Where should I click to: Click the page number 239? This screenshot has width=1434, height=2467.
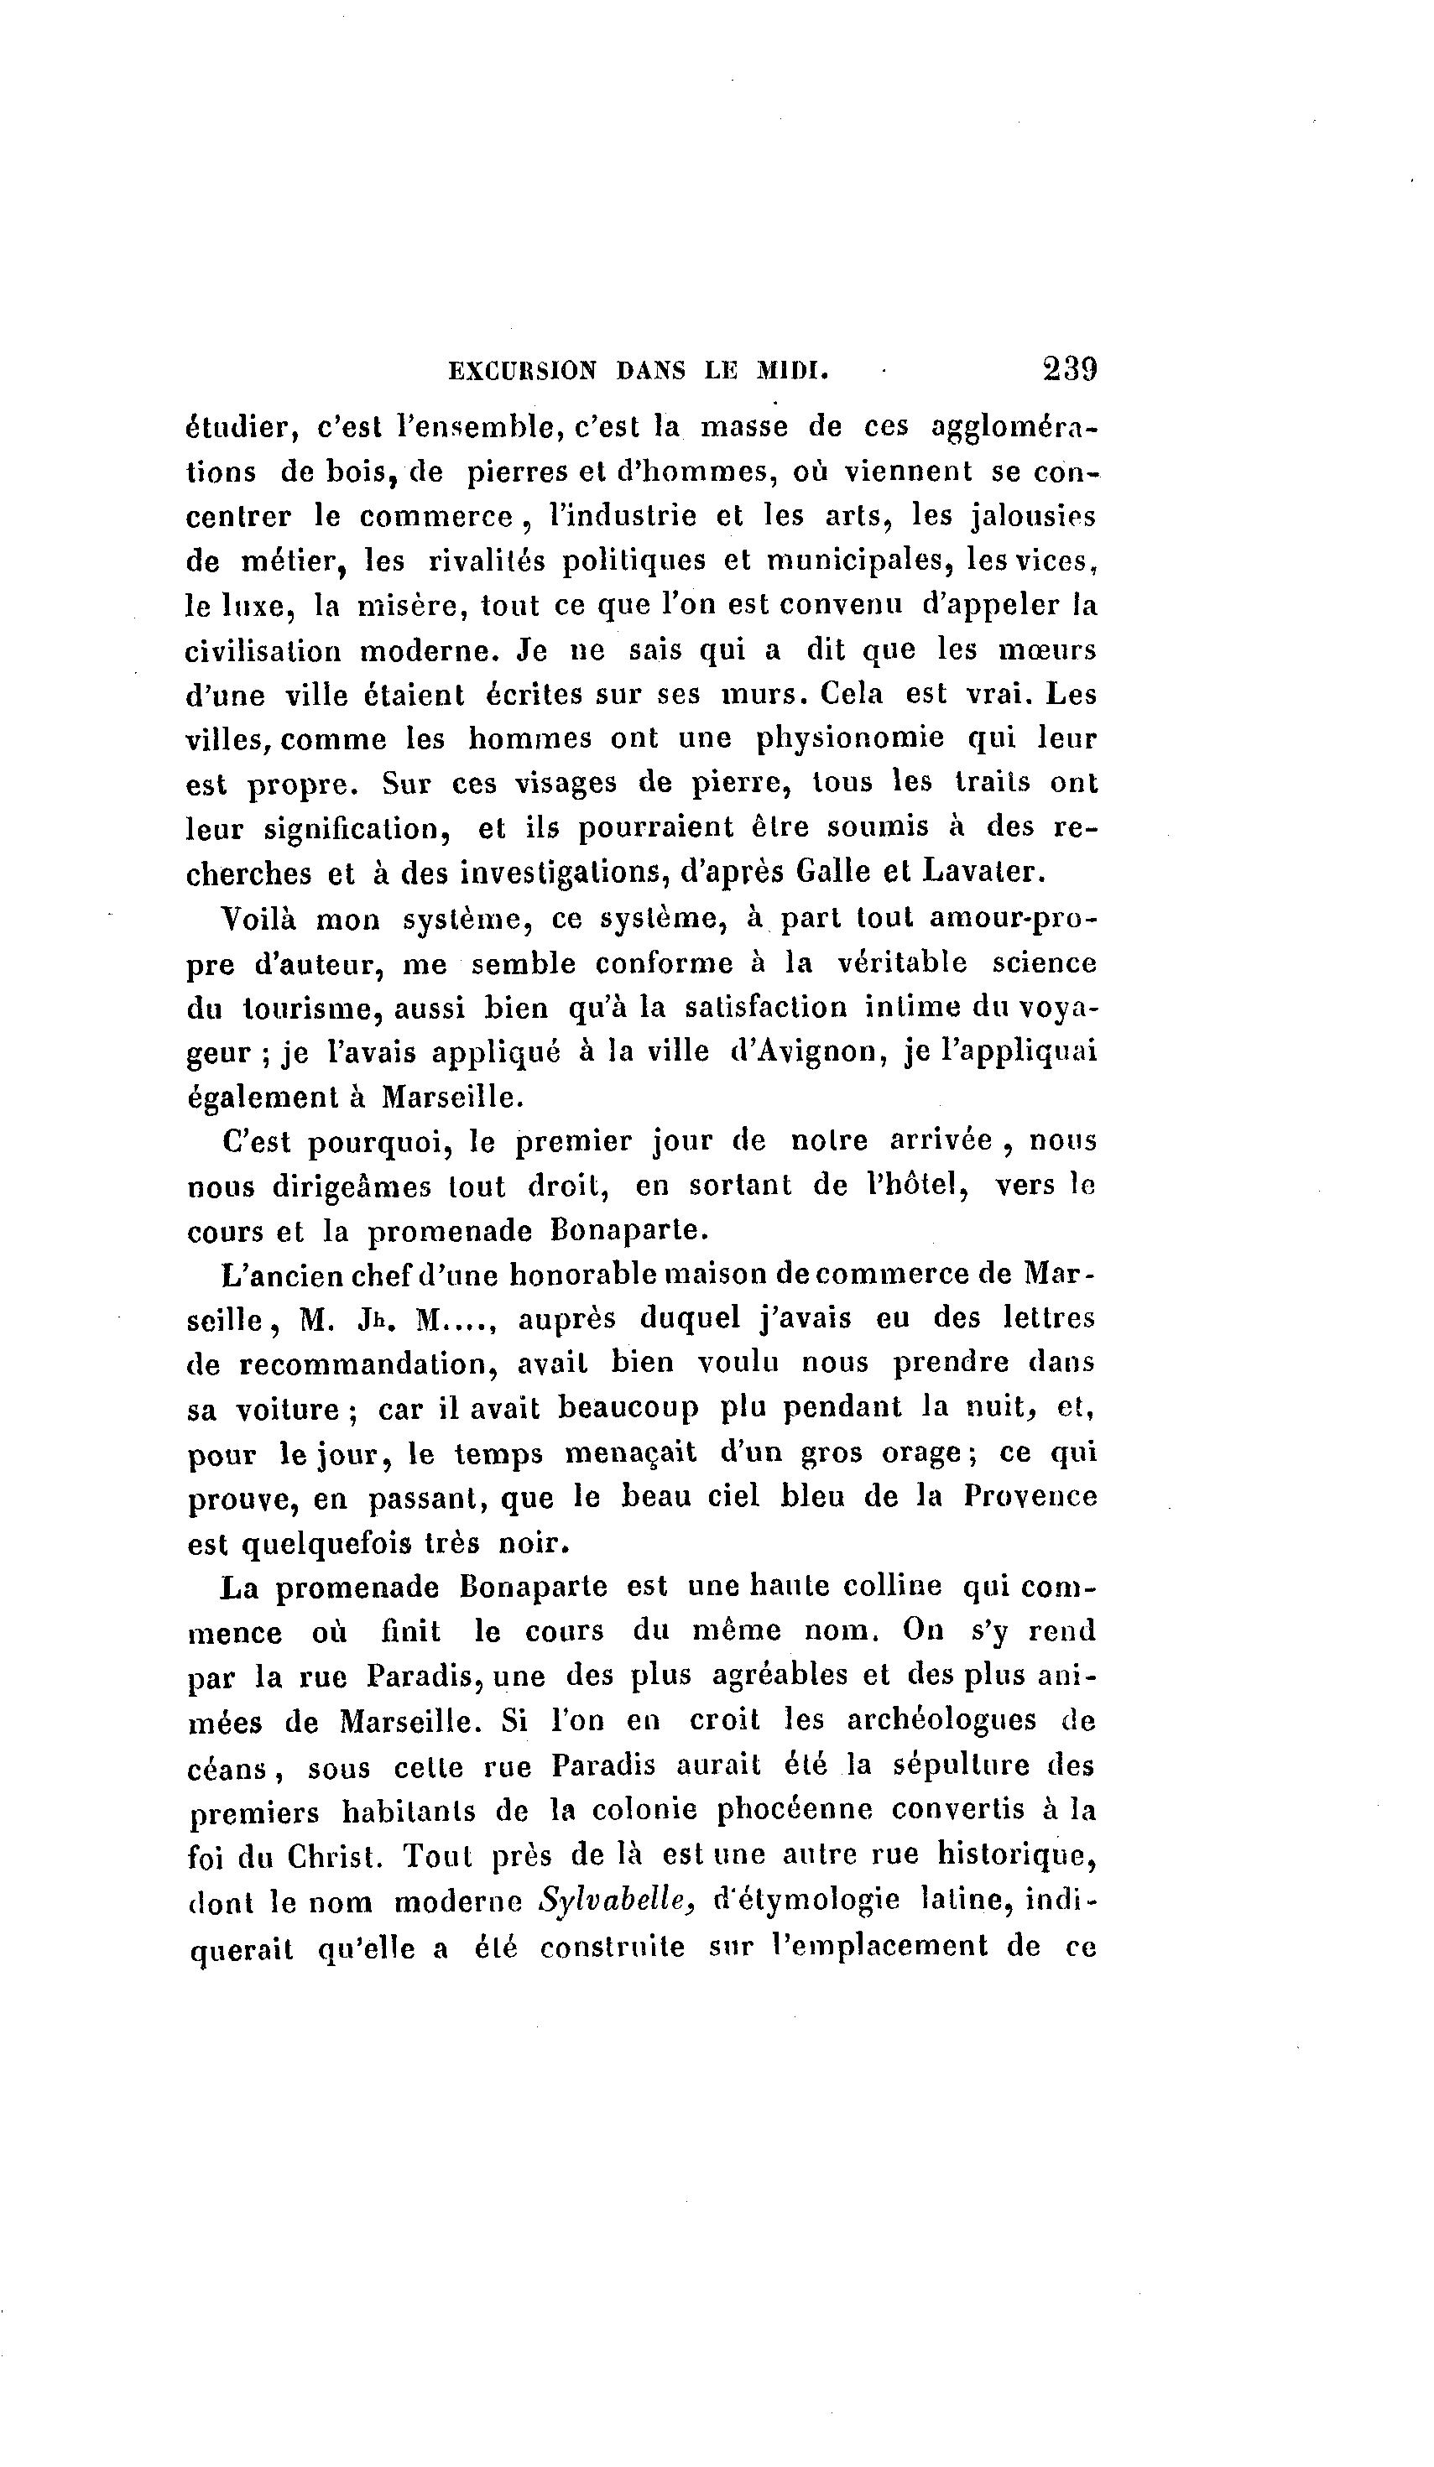tap(1069, 369)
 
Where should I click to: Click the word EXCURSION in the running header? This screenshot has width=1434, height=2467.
tap(522, 371)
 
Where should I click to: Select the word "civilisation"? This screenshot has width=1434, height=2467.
tap(263, 651)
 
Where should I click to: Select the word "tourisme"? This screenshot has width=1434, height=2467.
tap(312, 1009)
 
